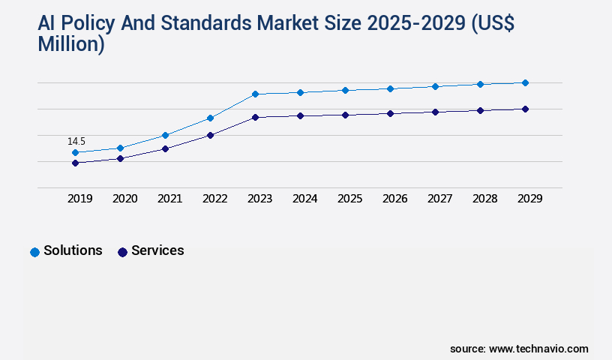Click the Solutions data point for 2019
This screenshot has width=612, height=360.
point(75,152)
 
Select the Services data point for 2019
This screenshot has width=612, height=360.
point(75,163)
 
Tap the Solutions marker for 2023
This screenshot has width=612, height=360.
point(255,94)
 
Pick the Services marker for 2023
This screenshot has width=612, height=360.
point(255,117)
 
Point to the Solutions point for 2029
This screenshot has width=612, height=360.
point(525,82)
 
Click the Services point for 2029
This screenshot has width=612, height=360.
point(525,109)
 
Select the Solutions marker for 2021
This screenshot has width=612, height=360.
point(165,135)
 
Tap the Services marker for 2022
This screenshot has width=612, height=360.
point(210,135)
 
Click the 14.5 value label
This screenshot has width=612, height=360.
point(76,141)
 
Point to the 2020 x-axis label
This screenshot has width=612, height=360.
point(124,199)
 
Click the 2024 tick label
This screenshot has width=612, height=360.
point(304,199)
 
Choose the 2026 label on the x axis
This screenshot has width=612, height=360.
point(394,199)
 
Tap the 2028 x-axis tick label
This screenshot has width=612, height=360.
point(484,199)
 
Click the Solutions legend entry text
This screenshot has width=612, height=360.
point(73,250)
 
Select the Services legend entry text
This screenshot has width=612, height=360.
point(157,250)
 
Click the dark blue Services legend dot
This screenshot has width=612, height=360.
point(122,252)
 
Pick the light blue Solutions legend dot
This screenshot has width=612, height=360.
point(34,252)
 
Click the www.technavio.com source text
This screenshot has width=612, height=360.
point(538,349)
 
